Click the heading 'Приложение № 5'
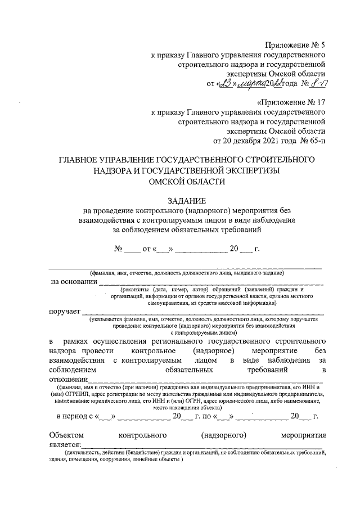295,44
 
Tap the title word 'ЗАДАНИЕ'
187,201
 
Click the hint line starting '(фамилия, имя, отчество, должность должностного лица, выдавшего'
186,273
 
